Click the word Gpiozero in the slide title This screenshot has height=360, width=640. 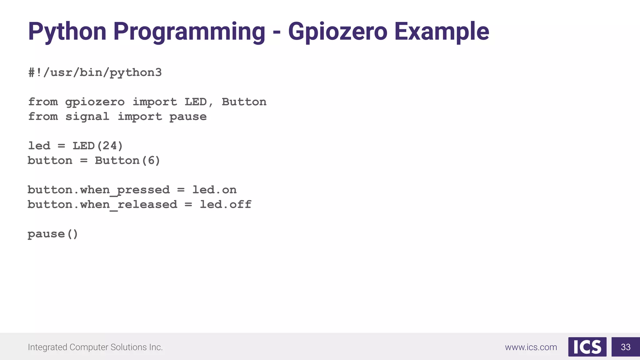(337, 32)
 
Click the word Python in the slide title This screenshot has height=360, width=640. (67, 32)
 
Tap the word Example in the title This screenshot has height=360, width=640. (442, 32)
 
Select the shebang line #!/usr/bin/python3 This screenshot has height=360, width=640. (95, 73)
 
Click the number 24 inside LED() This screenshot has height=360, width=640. (110, 146)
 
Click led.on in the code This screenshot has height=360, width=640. (214, 190)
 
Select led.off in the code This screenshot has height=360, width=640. (226, 205)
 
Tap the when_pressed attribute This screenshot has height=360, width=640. (125, 190)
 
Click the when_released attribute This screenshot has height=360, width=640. (129, 205)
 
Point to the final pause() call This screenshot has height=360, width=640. (53, 234)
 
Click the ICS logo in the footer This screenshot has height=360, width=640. (587, 347)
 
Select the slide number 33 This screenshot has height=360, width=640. (626, 347)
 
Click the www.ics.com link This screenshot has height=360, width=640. (531, 347)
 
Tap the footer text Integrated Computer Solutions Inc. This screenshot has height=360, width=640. (95, 347)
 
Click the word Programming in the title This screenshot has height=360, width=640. (189, 32)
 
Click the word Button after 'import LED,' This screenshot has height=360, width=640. (244, 102)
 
